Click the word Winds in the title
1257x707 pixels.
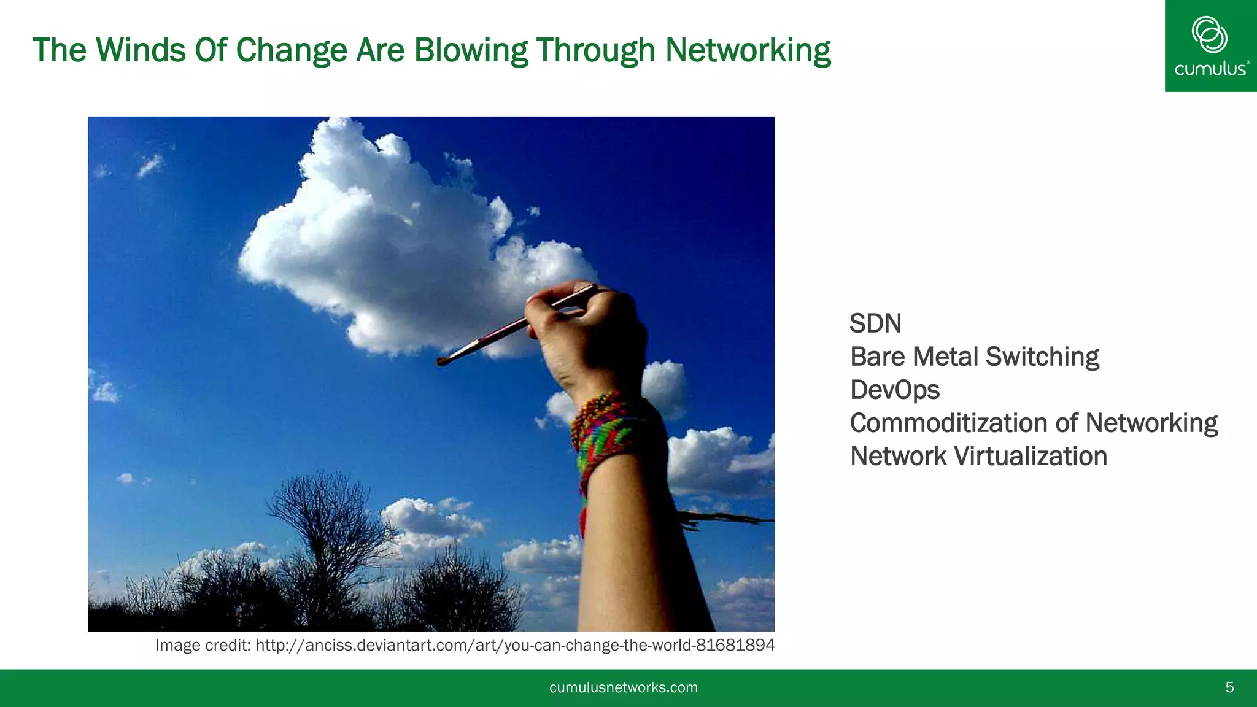pos(141,50)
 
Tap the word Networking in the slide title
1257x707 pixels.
pos(748,50)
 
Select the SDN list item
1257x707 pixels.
pos(875,323)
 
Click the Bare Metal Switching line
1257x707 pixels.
pos(974,357)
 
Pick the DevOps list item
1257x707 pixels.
pos(894,390)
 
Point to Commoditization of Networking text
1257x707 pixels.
pos(1034,423)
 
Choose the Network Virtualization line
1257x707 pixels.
pos(978,456)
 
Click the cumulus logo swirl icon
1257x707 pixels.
pos(1209,34)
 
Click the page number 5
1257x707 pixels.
pos(1229,687)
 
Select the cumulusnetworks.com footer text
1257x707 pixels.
pos(624,687)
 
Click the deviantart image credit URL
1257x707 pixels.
pos(515,645)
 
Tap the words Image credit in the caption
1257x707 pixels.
pos(202,645)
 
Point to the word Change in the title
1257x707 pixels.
pos(292,50)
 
